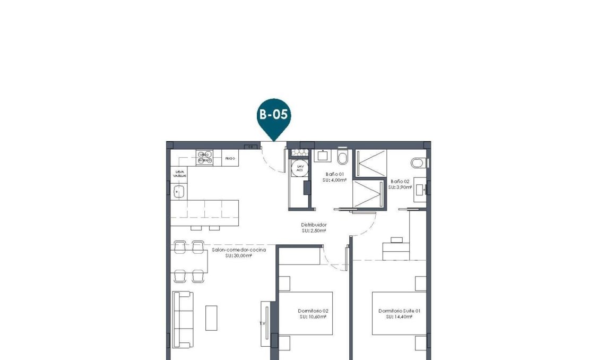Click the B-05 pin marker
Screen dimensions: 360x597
coord(274,116)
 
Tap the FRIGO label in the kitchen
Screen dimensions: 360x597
coord(230,158)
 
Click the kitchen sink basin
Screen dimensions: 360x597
coord(179,192)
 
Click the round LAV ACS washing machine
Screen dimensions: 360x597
coord(300,167)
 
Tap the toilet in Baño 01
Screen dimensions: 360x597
coord(343,158)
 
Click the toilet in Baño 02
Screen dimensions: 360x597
coord(418,163)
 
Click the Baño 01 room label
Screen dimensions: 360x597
coord(335,174)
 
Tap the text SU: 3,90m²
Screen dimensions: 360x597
coord(400,187)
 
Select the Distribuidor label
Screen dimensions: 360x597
coord(314,225)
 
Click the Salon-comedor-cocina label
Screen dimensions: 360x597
coord(239,249)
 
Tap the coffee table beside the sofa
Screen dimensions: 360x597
coord(211,318)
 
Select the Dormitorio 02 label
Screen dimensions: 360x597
coord(313,311)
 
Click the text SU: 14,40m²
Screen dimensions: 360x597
coord(400,317)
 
